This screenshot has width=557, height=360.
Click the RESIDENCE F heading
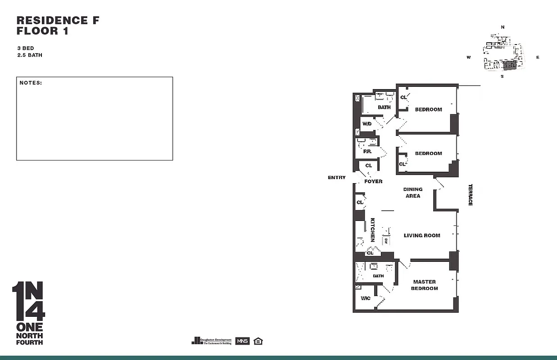[58, 20]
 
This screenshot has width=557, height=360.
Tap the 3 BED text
[26, 48]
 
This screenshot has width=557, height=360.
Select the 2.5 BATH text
[29, 55]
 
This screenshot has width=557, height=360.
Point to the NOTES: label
[31, 83]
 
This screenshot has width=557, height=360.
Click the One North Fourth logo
[28, 313]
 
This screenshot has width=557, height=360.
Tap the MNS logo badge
[242, 341]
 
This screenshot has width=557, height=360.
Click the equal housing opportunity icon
[258, 341]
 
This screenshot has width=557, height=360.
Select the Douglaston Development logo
[212, 341]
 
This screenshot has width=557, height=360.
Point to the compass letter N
[503, 27]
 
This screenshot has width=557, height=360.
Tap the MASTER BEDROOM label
[424, 285]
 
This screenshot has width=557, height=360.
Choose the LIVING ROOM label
[422, 235]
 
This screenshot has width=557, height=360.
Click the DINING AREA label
[413, 193]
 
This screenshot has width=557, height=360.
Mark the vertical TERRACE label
[470, 195]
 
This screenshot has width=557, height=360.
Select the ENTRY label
[337, 178]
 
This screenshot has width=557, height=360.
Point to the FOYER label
[373, 181]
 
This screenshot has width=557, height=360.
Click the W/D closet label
[367, 124]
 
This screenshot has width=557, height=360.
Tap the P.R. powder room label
[367, 152]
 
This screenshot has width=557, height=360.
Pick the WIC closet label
[365, 298]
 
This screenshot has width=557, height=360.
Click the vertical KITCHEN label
[373, 229]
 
